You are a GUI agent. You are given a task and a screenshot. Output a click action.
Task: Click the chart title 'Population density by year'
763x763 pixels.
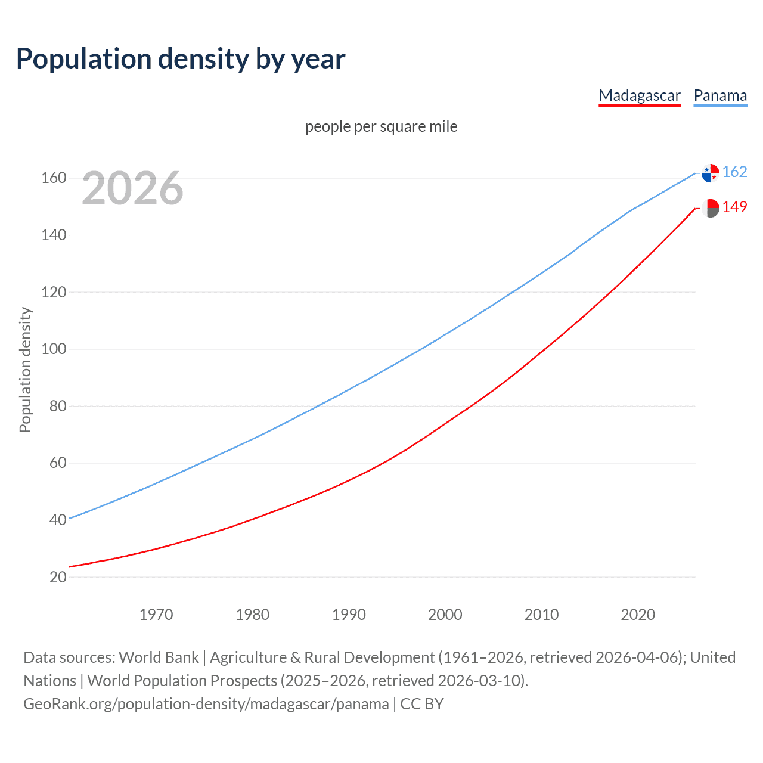[181, 59]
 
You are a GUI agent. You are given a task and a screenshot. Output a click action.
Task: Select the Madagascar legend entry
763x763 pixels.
[640, 95]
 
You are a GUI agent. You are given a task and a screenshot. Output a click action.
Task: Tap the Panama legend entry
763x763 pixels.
[720, 95]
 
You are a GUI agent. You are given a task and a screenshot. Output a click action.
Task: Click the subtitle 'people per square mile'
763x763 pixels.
[381, 126]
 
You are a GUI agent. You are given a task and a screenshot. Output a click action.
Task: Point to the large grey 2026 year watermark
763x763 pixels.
[132, 188]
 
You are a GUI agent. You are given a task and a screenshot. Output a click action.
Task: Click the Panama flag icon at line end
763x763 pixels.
[710, 173]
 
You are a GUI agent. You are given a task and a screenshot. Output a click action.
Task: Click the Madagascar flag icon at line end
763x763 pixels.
[710, 208]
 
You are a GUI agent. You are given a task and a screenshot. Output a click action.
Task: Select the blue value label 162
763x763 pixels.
[734, 172]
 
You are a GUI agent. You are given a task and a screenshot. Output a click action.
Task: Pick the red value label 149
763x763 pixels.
[734, 207]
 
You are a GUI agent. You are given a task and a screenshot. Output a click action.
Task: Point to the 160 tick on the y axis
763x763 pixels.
[54, 178]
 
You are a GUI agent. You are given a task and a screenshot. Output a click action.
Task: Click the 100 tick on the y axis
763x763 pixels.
[54, 349]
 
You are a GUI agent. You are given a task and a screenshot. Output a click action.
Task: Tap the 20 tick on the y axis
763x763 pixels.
[58, 577]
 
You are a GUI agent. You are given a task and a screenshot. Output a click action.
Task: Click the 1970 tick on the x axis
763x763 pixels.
[156, 615]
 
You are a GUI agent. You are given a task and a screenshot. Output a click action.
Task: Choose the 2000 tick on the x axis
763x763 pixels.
[445, 615]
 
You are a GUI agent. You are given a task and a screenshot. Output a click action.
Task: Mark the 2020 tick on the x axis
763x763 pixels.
[638, 615]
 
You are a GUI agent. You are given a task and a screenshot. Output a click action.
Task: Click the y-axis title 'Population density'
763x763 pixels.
[25, 370]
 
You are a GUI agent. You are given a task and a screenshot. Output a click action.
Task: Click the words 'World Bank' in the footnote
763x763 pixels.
[159, 657]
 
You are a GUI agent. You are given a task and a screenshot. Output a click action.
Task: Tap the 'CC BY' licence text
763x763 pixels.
[422, 704]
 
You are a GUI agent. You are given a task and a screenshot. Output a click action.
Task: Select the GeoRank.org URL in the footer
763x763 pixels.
[206, 704]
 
